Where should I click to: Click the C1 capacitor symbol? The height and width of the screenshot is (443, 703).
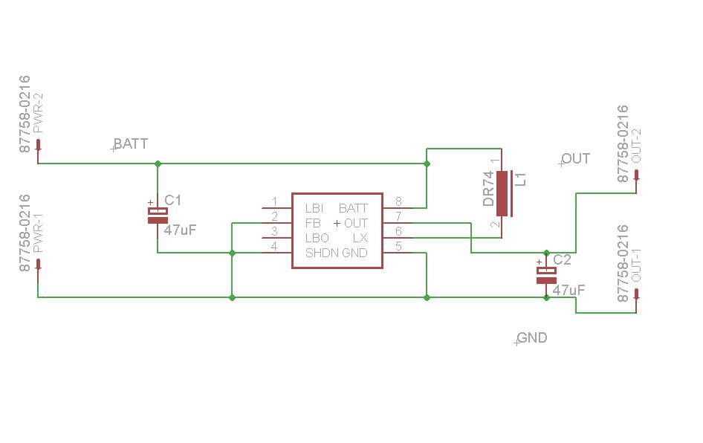tap(158, 216)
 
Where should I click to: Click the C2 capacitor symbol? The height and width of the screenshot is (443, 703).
tap(546, 275)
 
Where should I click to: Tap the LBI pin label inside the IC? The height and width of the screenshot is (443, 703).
tap(314, 209)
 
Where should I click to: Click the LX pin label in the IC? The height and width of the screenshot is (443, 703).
tap(360, 238)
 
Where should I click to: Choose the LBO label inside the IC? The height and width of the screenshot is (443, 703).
tap(317, 238)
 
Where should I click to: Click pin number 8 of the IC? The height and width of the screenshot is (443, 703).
tap(398, 201)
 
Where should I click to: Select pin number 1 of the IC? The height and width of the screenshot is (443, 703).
tap(274, 201)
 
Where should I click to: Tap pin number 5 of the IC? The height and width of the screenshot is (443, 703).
tap(398, 246)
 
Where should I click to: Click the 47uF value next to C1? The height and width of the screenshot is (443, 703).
tap(181, 230)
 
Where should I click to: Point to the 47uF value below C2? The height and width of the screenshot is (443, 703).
tap(568, 290)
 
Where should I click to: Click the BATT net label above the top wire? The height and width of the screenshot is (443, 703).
tap(131, 144)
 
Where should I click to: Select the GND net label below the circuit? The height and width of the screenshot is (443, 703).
tap(532, 337)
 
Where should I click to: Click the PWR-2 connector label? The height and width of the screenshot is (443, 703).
tap(39, 113)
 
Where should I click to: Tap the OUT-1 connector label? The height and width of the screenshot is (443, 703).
tap(636, 265)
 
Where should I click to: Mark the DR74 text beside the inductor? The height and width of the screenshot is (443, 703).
tap(488, 188)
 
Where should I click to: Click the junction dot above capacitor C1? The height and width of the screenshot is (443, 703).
tap(158, 164)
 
